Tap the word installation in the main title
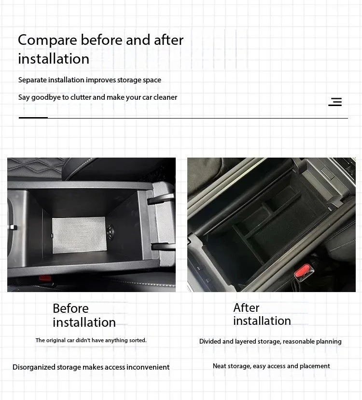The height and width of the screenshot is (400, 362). coord(54,59)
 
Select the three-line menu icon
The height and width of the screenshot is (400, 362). coord(335,102)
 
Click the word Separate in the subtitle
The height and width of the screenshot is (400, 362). coord(32,80)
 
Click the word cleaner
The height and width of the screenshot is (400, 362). coord(165,97)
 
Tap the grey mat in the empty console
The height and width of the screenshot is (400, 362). coord(79,235)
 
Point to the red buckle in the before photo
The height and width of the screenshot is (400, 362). coord(45,278)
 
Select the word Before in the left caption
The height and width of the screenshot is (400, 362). coord(70,308)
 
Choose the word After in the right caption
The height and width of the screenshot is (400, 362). coord(246,307)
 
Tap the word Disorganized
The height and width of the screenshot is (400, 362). coord(34,367)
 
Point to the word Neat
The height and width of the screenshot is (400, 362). coord(219,366)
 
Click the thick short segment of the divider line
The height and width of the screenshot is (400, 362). coord(33,118)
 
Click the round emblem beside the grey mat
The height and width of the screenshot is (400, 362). coord(111,231)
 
